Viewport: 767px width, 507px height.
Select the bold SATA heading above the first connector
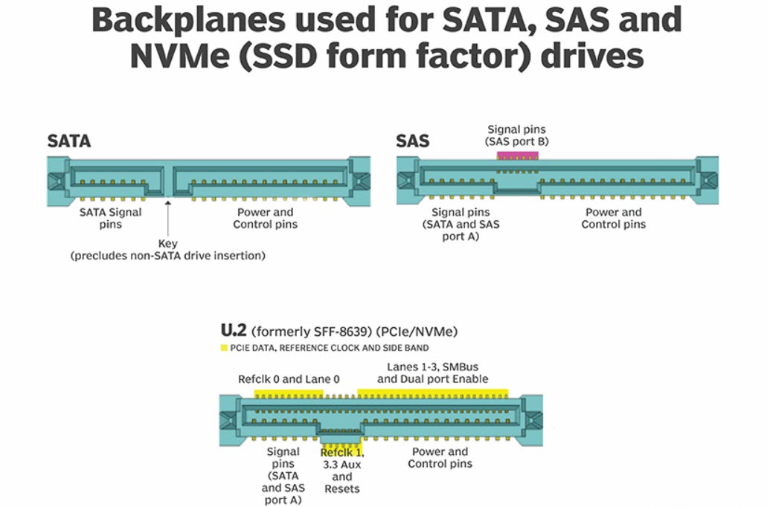point(68,141)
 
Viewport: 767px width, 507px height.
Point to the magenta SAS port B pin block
point(517,155)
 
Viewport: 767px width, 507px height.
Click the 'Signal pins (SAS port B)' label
point(516,135)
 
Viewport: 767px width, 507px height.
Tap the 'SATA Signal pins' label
point(110,218)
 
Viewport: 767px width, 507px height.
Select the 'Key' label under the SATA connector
point(168,244)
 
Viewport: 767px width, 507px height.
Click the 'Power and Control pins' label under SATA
point(265,218)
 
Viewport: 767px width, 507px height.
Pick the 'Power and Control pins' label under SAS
point(613,218)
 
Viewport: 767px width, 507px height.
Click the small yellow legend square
point(224,348)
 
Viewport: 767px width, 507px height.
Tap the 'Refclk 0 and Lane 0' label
point(289,379)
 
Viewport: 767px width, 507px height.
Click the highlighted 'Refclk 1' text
point(341,452)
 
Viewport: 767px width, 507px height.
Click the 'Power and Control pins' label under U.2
point(439,457)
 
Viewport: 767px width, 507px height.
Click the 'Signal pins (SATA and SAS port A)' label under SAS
point(460,225)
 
